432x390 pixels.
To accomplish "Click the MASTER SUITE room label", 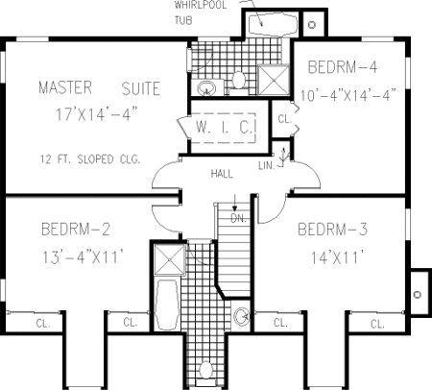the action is tap(99, 88).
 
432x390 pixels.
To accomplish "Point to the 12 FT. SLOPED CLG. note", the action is tap(90, 159).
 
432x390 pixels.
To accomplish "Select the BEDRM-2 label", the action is tap(76, 230).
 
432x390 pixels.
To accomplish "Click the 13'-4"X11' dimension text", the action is tap(83, 256).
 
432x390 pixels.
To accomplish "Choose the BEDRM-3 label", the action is tap(332, 230).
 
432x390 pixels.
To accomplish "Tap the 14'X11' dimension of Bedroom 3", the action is tap(337, 257).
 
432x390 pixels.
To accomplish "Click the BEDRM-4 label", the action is tap(343, 67).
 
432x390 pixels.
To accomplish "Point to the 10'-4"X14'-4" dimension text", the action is tap(348, 95).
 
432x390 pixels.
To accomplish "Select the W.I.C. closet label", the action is tap(225, 127).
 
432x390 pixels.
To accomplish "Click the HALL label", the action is tap(222, 174).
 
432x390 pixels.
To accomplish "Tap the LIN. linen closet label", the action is tap(267, 165).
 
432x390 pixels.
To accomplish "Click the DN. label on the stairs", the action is tap(239, 218).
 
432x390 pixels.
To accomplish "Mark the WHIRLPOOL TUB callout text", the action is tap(201, 12).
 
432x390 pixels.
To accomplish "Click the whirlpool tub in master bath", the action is tap(273, 24).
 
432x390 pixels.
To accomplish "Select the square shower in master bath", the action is tap(274, 81).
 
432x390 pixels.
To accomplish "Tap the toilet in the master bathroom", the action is tap(238, 82).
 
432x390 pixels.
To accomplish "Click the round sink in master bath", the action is tap(205, 88).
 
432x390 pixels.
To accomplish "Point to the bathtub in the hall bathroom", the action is tap(166, 305).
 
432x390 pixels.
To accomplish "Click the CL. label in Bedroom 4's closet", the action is tap(284, 119).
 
